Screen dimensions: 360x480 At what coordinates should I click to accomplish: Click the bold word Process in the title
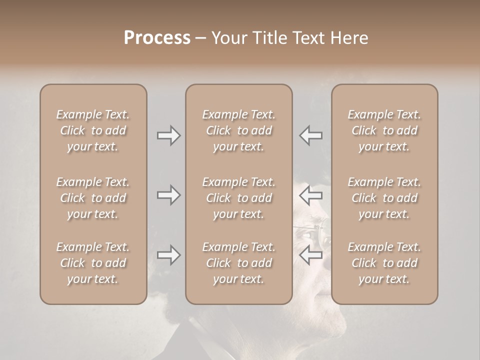pos(157,38)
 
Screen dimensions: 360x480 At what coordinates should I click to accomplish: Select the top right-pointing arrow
pos(168,135)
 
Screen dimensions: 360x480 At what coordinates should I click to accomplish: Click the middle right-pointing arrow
pos(168,194)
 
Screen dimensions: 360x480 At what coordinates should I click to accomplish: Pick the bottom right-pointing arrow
pos(168,255)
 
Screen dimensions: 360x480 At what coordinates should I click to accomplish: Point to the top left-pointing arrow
pos(311,135)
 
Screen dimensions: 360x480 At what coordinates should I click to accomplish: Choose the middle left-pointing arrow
pos(311,194)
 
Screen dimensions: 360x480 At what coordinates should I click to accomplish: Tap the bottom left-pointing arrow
pos(311,255)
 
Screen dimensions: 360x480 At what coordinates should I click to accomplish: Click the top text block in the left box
pos(93,130)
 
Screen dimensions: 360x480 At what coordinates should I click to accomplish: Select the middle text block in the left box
pos(93,198)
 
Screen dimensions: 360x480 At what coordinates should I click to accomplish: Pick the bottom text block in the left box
pos(93,263)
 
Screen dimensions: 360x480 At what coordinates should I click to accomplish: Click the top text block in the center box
pos(239,130)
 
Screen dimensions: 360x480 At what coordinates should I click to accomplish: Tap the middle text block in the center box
pos(239,198)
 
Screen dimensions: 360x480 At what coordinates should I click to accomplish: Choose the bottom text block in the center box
pos(239,263)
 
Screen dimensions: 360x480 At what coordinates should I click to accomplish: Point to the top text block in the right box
pos(384,130)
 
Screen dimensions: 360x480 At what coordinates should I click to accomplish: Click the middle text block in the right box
pos(384,198)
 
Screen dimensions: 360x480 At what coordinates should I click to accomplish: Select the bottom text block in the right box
pos(384,263)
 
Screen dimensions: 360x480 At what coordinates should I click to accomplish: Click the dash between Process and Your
pos(200,38)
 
